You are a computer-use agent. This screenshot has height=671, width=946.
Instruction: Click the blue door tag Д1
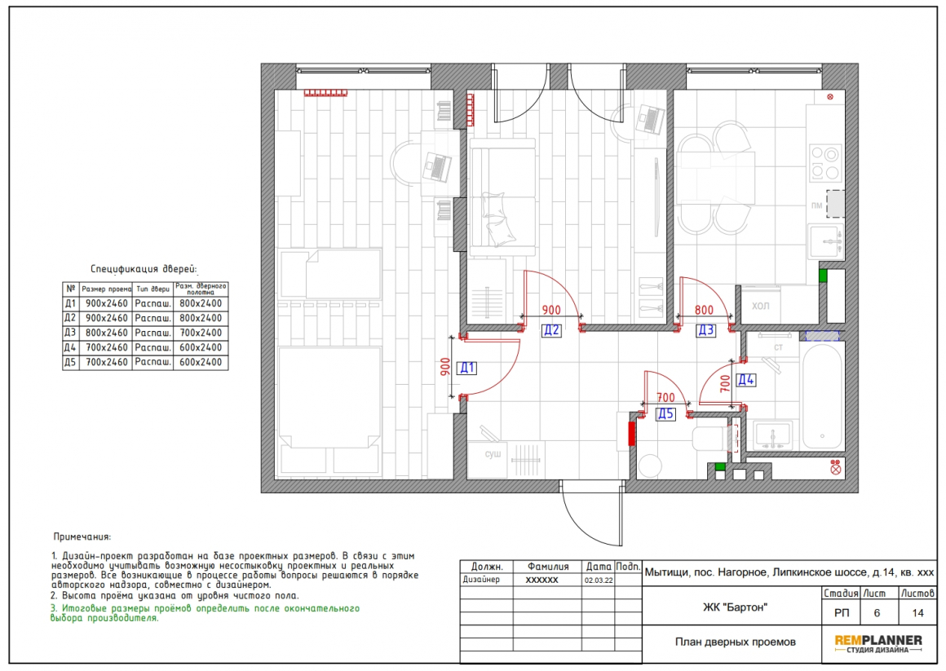pyautogui.click(x=467, y=368)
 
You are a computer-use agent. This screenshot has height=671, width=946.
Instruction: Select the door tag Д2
pyautogui.click(x=550, y=330)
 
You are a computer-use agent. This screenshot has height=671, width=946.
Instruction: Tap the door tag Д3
pyautogui.click(x=706, y=330)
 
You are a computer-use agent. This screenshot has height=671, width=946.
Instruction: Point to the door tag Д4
pyautogui.click(x=746, y=380)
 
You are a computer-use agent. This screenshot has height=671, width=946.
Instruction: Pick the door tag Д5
pyautogui.click(x=665, y=413)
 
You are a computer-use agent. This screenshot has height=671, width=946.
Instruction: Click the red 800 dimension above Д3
pyautogui.click(x=704, y=310)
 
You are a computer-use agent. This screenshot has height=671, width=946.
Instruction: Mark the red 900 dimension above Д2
pyautogui.click(x=550, y=310)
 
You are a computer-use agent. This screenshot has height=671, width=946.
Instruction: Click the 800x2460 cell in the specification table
pyautogui.click(x=105, y=333)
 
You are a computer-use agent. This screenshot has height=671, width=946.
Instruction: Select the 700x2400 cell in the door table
pyautogui.click(x=201, y=333)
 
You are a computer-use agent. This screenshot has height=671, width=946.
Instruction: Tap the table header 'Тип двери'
pyautogui.click(x=153, y=289)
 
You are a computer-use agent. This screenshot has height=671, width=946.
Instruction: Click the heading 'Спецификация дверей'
pyautogui.click(x=144, y=269)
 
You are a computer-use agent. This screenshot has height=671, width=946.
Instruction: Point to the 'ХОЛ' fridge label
pyautogui.click(x=761, y=306)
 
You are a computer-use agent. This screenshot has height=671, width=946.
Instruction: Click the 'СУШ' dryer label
pyautogui.click(x=493, y=454)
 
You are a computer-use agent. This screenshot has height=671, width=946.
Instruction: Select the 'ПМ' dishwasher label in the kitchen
pyautogui.click(x=816, y=205)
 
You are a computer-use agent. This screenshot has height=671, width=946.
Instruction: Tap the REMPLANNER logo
pyautogui.click(x=878, y=644)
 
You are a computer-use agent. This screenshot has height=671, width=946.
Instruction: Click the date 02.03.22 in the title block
pyautogui.click(x=599, y=581)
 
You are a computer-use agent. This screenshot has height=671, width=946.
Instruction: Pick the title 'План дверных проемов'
pyautogui.click(x=735, y=642)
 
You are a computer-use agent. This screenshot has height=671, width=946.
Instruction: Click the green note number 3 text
pyautogui.click(x=206, y=613)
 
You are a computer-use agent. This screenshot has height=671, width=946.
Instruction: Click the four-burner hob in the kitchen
pyautogui.click(x=825, y=162)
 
